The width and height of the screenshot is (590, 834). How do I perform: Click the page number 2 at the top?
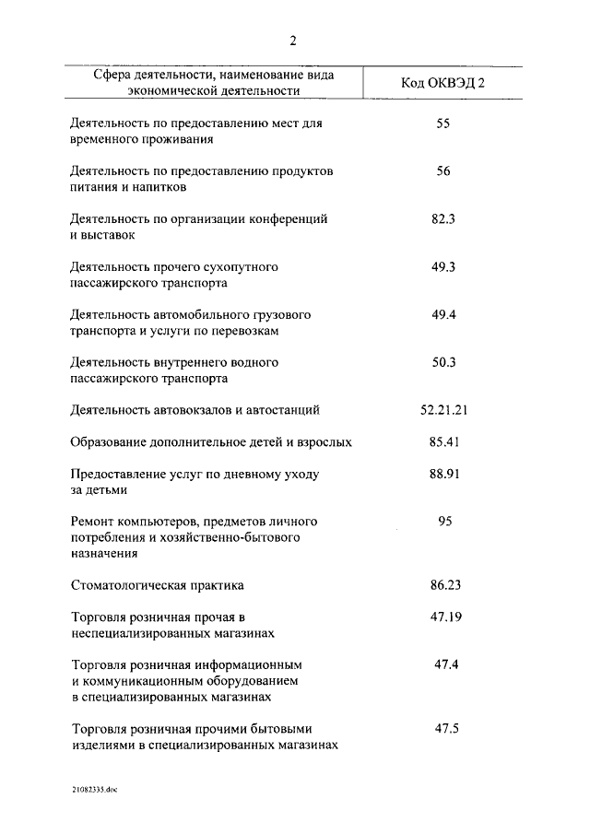coord(294,40)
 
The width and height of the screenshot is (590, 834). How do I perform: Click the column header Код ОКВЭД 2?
coord(442,83)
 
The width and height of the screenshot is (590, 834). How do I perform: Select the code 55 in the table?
coord(443,123)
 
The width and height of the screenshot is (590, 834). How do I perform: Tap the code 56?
coord(443,170)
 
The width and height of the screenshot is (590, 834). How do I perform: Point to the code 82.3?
coord(443,219)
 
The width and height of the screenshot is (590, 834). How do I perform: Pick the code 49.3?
coord(443,267)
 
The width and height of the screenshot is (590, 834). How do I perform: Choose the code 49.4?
coord(443,314)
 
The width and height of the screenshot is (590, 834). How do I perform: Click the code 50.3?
coord(443,362)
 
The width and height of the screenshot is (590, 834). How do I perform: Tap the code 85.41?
coord(443,442)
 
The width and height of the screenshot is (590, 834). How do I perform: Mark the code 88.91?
coord(443,474)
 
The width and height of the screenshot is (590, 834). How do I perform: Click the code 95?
coord(444,522)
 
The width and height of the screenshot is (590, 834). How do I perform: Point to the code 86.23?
coord(443,584)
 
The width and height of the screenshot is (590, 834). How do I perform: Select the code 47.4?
coord(446,664)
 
